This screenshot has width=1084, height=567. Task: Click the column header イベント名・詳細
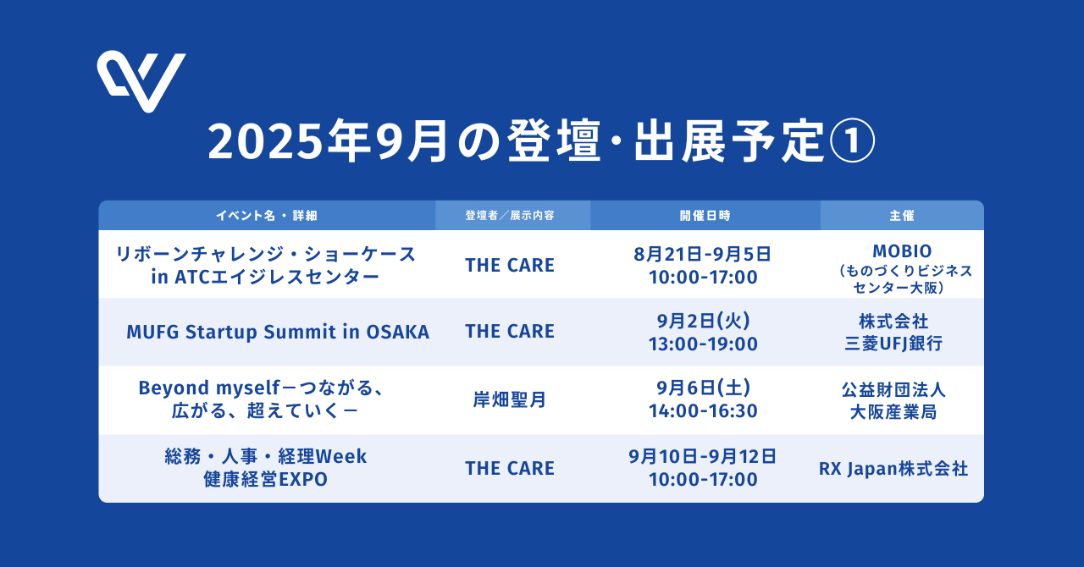click(x=267, y=216)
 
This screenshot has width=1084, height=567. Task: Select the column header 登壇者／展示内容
click(x=510, y=216)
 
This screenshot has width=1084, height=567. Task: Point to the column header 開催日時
click(x=705, y=216)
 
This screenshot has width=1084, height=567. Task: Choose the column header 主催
click(x=902, y=216)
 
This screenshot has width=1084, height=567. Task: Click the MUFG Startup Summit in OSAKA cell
click(x=278, y=333)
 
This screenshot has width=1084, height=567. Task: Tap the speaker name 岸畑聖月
click(x=510, y=399)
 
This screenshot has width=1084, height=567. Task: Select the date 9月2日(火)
click(x=703, y=321)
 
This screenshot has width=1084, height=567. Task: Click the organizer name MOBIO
click(x=902, y=251)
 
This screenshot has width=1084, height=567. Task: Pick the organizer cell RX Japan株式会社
click(x=893, y=469)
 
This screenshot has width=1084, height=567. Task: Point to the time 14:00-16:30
click(x=703, y=411)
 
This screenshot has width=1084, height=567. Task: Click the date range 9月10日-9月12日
click(x=703, y=457)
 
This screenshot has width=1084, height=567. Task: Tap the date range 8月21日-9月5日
click(x=703, y=255)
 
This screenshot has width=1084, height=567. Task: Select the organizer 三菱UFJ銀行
click(x=893, y=344)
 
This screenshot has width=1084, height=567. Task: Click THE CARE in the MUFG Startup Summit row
click(x=510, y=332)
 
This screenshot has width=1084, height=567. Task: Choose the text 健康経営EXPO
click(x=266, y=480)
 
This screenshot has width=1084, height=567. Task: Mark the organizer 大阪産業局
click(x=893, y=412)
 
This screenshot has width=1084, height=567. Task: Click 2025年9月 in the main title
click(x=328, y=141)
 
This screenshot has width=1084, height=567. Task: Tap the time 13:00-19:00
click(x=703, y=344)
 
